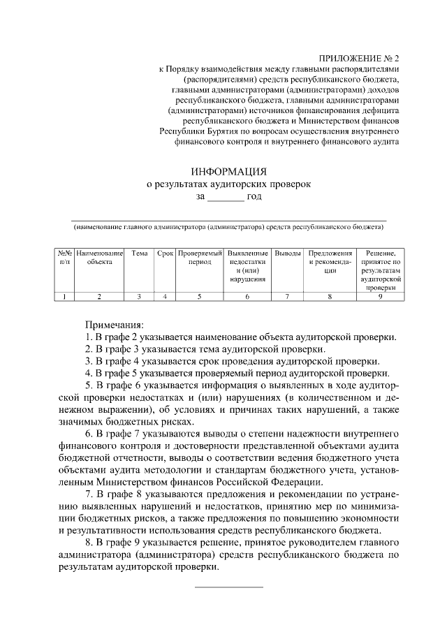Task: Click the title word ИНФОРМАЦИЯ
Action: click(228, 171)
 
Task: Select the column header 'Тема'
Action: click(139, 253)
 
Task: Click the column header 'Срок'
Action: click(165, 253)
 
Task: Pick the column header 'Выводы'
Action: click(288, 253)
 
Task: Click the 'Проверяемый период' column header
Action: click(199, 257)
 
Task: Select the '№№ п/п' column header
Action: click(64, 257)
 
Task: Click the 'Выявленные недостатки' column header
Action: click(247, 265)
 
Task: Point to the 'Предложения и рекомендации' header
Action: click(330, 261)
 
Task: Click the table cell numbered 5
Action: click(199, 297)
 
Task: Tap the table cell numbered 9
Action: click(380, 297)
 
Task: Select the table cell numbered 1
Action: click(64, 297)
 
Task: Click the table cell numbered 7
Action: click(288, 297)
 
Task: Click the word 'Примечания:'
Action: click(114, 325)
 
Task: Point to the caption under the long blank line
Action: click(228, 227)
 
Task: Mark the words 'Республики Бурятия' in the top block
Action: click(198, 129)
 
